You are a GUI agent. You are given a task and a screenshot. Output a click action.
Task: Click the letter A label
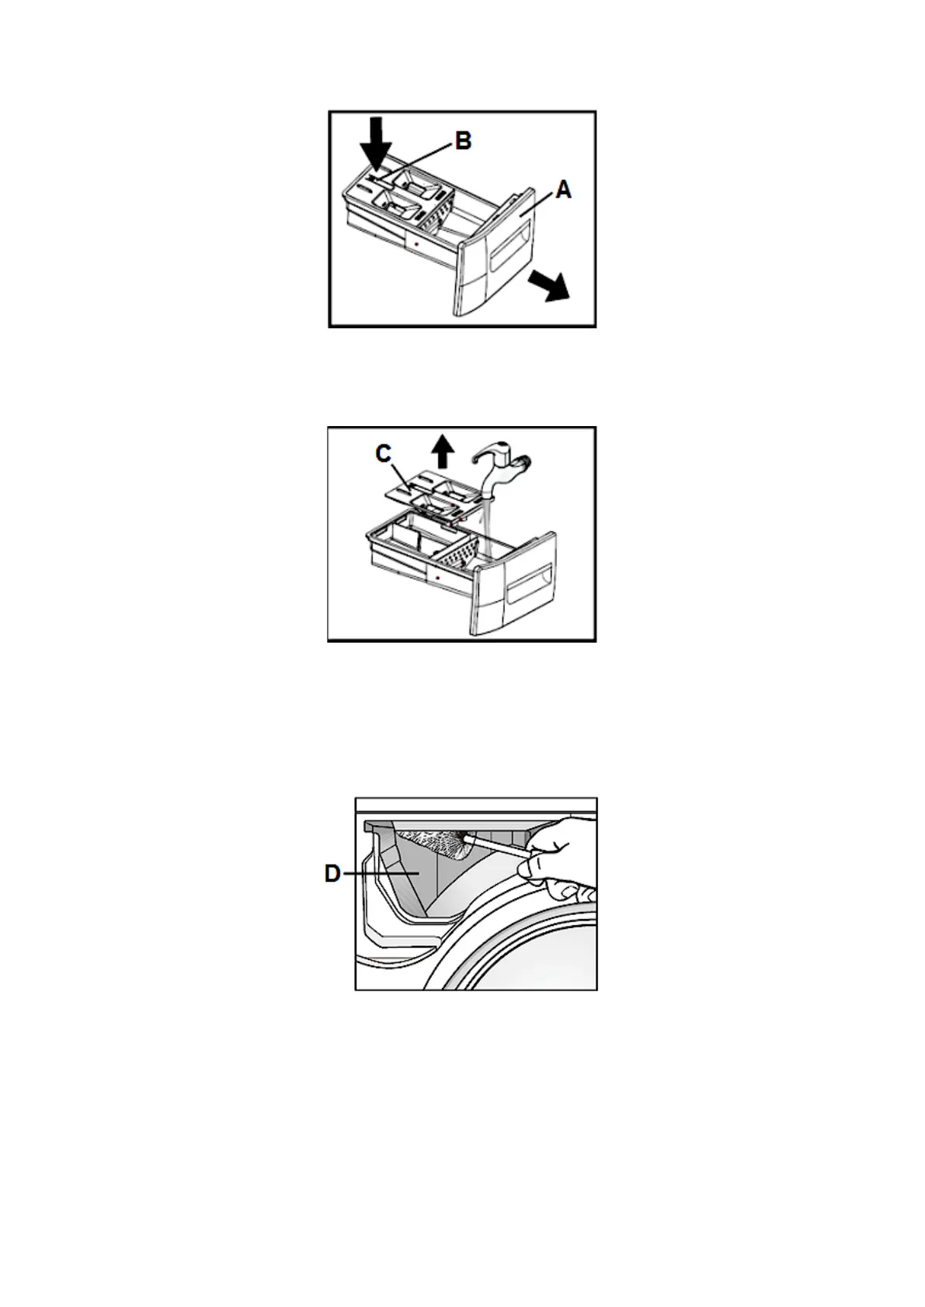(x=563, y=189)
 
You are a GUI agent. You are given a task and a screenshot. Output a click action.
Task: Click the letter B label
(x=462, y=141)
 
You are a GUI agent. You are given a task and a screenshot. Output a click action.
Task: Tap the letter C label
(x=384, y=453)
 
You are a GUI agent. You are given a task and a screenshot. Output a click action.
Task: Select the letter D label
(x=332, y=874)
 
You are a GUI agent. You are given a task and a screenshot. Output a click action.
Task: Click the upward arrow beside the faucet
(x=443, y=450)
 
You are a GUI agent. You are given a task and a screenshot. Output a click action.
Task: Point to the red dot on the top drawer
(x=417, y=244)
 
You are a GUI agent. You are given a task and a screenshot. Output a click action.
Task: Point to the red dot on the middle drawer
(x=438, y=578)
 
